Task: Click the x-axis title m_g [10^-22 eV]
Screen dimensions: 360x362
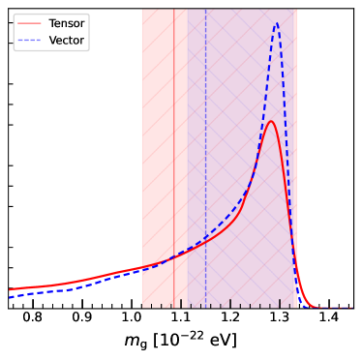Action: pos(181,342)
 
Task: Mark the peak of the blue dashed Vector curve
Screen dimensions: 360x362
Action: pos(278,24)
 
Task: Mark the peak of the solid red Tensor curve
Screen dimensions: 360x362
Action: pos(271,121)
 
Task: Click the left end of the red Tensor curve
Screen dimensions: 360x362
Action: pos(10,288)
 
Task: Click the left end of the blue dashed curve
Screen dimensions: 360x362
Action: pos(10,294)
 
